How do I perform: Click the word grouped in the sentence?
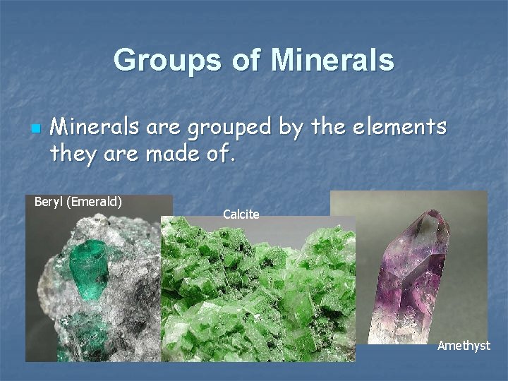pyautogui.click(x=222, y=128)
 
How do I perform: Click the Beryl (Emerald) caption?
pyautogui.click(x=78, y=202)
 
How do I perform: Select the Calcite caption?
pyautogui.click(x=241, y=214)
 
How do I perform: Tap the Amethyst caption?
pyautogui.click(x=464, y=346)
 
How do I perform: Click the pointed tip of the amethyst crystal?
pyautogui.click(x=433, y=212)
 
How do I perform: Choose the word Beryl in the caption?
pyautogui.click(x=48, y=202)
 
